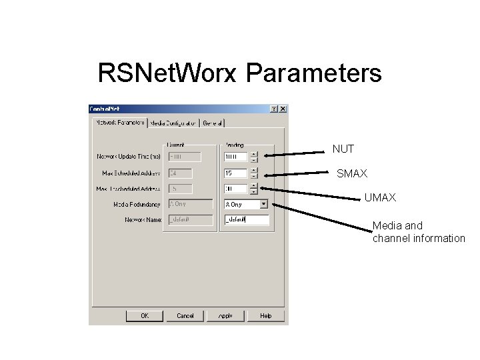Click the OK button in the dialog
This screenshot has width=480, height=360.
(x=145, y=315)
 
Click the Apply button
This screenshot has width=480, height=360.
(x=225, y=315)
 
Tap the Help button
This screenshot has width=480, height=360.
(x=265, y=315)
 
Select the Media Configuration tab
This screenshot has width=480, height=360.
(x=174, y=123)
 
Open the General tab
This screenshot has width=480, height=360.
(x=213, y=123)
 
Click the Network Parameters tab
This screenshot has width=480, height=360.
(x=120, y=123)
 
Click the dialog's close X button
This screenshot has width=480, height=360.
(x=283, y=109)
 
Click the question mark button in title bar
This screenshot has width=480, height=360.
(x=274, y=109)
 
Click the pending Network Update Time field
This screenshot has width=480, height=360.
(x=236, y=157)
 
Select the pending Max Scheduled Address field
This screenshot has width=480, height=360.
(x=236, y=173)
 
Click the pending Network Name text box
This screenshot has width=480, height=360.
(x=246, y=220)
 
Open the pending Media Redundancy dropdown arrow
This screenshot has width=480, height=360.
(x=263, y=205)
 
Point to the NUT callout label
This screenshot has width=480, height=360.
(x=343, y=149)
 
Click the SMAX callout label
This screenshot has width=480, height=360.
(x=351, y=173)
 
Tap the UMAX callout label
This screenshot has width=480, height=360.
(x=380, y=198)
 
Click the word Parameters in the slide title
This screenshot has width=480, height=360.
(x=314, y=73)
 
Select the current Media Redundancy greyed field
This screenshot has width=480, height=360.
(x=190, y=204)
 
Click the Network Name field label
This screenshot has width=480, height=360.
(x=143, y=220)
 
